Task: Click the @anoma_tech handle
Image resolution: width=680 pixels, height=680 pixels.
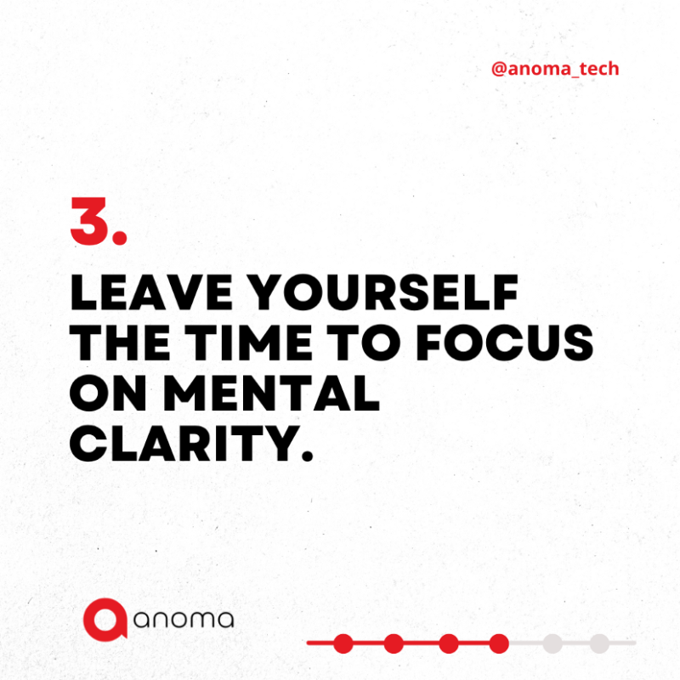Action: [x=555, y=69]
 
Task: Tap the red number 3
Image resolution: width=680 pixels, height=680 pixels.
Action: [x=89, y=221]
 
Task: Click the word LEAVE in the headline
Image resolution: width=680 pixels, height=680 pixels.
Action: [x=151, y=292]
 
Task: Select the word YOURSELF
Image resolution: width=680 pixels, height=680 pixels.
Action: [x=385, y=292]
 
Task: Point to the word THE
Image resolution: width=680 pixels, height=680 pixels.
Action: [x=120, y=343]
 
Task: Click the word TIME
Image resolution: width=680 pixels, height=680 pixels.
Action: [x=248, y=343]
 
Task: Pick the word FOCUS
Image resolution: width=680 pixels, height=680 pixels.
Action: [x=505, y=343]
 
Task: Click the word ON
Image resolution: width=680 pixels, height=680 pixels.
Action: [x=108, y=393]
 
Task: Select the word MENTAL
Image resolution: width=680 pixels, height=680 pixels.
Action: [x=271, y=393]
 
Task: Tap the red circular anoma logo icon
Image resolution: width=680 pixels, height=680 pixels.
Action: [x=105, y=620]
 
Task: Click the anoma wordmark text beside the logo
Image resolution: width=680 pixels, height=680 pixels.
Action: [x=184, y=620]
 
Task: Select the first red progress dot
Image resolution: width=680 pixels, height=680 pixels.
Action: [x=343, y=643]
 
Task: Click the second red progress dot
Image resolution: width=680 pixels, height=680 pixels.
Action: [x=394, y=643]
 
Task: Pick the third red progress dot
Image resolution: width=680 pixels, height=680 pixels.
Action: [x=449, y=643]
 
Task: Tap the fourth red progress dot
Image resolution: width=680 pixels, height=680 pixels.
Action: [x=499, y=643]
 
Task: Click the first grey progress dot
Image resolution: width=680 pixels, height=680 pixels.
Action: [x=552, y=643]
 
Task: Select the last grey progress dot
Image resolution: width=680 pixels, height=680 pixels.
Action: [x=600, y=643]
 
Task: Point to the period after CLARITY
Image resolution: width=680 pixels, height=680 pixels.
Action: [x=307, y=455]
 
